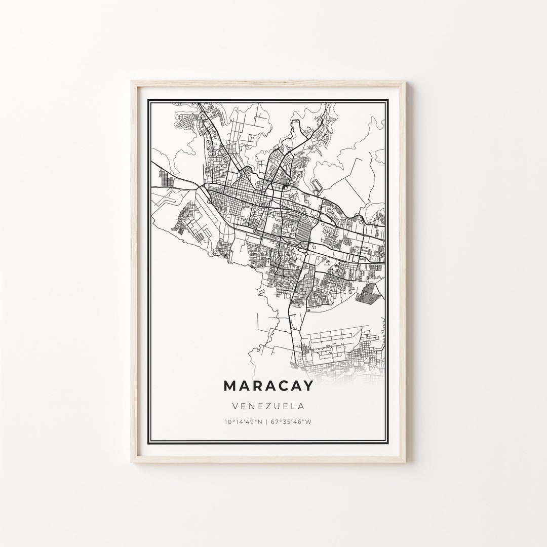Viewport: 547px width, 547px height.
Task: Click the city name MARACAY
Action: tap(268, 385)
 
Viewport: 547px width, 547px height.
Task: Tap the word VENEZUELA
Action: tap(268, 406)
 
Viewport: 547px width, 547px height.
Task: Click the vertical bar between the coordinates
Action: tap(268, 421)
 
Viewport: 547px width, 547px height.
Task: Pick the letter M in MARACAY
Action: tap(229, 385)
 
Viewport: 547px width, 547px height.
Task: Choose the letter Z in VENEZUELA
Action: tap(265, 406)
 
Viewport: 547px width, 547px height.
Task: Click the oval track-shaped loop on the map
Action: tap(317, 185)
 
